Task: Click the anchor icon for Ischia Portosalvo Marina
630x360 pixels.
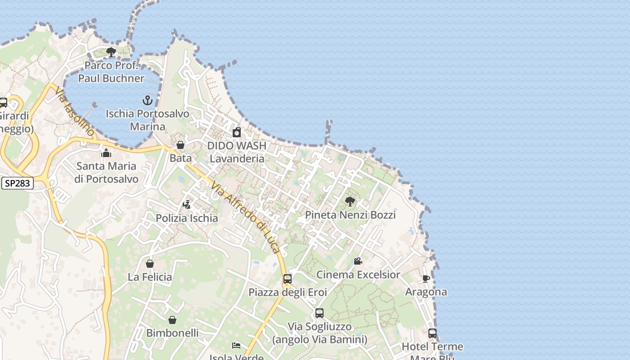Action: [148, 100]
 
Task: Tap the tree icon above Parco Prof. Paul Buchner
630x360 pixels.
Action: [111, 52]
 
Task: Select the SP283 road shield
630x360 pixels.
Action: [18, 183]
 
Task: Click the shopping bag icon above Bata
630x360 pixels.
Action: [180, 145]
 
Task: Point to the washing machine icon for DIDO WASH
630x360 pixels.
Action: [237, 132]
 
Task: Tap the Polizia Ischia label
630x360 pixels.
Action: [187, 218]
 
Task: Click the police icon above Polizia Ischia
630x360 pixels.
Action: [187, 205]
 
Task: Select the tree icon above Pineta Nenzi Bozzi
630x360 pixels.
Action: [350, 202]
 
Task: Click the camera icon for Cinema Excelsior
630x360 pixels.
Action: [358, 261]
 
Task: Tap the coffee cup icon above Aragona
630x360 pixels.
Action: [426, 279]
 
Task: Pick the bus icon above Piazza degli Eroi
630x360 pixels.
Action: [288, 279]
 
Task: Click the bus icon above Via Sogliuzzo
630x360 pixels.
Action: [319, 313]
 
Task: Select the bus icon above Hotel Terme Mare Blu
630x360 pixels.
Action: [432, 333]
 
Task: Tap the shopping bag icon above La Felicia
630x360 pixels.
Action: [150, 264]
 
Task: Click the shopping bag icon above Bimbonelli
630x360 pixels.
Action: [172, 320]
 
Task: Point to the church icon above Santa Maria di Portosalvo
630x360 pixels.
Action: [107, 153]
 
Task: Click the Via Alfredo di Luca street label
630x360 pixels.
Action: [246, 217]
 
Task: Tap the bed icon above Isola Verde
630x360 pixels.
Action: [236, 346]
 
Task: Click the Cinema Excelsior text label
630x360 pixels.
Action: [358, 274]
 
